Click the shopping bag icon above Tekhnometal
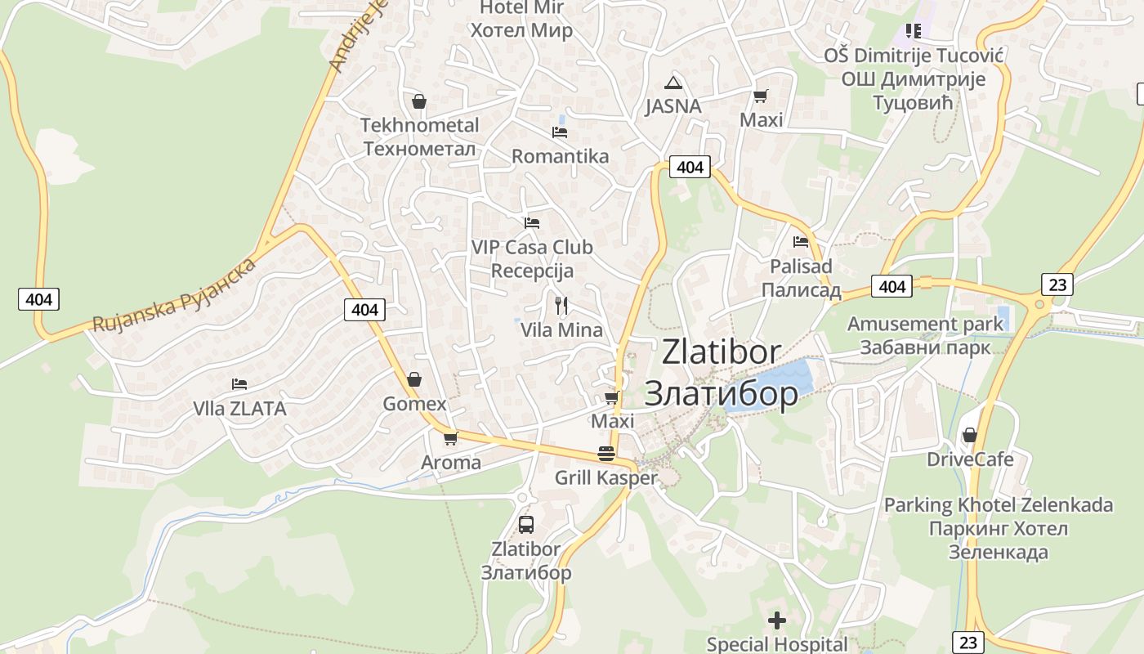pyautogui.click(x=419, y=101)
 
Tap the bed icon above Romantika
pyautogui.click(x=560, y=132)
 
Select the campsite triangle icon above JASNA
pyautogui.click(x=673, y=82)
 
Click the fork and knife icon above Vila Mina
pyautogui.click(x=561, y=306)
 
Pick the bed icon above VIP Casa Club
pyautogui.click(x=532, y=222)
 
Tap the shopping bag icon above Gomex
pyautogui.click(x=414, y=379)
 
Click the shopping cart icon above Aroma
pyautogui.click(x=450, y=438)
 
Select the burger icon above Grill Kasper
pyautogui.click(x=606, y=453)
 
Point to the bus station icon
pyautogui.click(x=526, y=525)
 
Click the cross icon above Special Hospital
pyautogui.click(x=776, y=620)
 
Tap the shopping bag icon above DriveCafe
pyautogui.click(x=970, y=435)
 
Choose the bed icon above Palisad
pyautogui.click(x=801, y=242)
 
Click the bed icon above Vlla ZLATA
pyautogui.click(x=239, y=383)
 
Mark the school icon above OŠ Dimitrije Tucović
pyautogui.click(x=913, y=31)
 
